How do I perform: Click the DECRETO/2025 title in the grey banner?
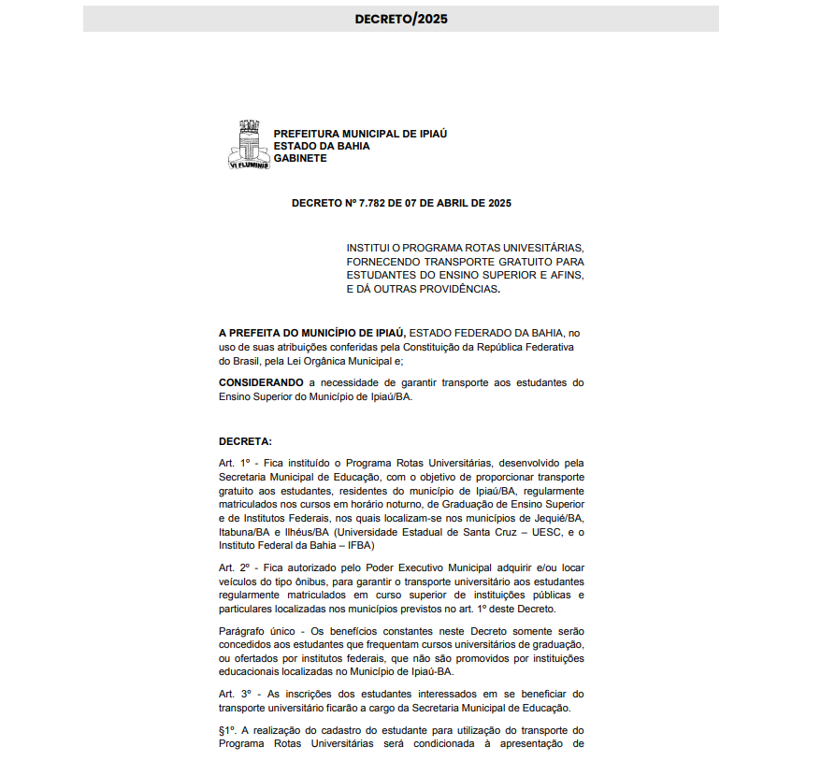(x=401, y=19)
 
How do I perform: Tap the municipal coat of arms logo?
(x=249, y=144)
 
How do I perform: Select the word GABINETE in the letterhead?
(x=300, y=158)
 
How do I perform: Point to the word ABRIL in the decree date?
(x=452, y=203)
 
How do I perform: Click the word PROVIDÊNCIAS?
(x=445, y=289)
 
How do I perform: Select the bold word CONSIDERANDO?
(x=261, y=382)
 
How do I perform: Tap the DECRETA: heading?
(x=245, y=441)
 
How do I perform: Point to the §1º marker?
(x=229, y=729)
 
